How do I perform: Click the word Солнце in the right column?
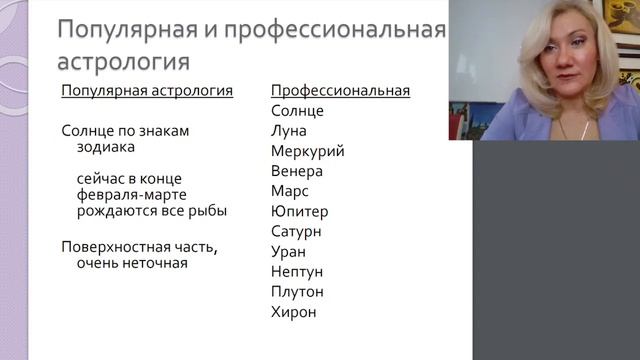pyautogui.click(x=297, y=111)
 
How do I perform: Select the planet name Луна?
pyautogui.click(x=289, y=131)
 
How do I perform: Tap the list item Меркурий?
pyautogui.click(x=307, y=151)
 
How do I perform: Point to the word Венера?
pyautogui.click(x=296, y=171)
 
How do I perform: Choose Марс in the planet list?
pyautogui.click(x=290, y=191)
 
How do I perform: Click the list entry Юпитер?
pyautogui.click(x=299, y=211)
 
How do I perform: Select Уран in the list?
pyautogui.click(x=288, y=251)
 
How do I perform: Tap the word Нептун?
pyautogui.click(x=297, y=271)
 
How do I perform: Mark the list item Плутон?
pyautogui.click(x=297, y=292)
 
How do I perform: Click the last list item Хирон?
pyautogui.click(x=293, y=312)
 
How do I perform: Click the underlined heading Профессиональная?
pyautogui.click(x=340, y=91)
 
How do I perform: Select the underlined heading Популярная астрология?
pyautogui.click(x=147, y=91)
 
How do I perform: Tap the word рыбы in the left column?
pyautogui.click(x=206, y=210)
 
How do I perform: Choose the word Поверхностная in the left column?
pyautogui.click(x=112, y=247)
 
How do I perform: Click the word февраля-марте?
pyautogui.click(x=124, y=194)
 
